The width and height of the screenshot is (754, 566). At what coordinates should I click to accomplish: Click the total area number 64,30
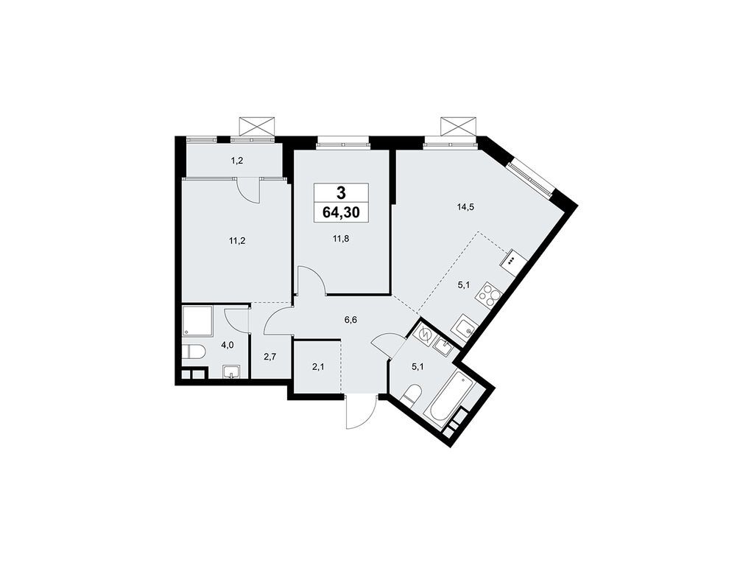tap(342, 214)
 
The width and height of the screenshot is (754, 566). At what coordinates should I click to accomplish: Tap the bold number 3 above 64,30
tap(342, 194)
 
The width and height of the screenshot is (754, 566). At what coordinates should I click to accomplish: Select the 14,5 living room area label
tap(465, 207)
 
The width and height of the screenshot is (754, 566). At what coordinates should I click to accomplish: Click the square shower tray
tap(197, 323)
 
